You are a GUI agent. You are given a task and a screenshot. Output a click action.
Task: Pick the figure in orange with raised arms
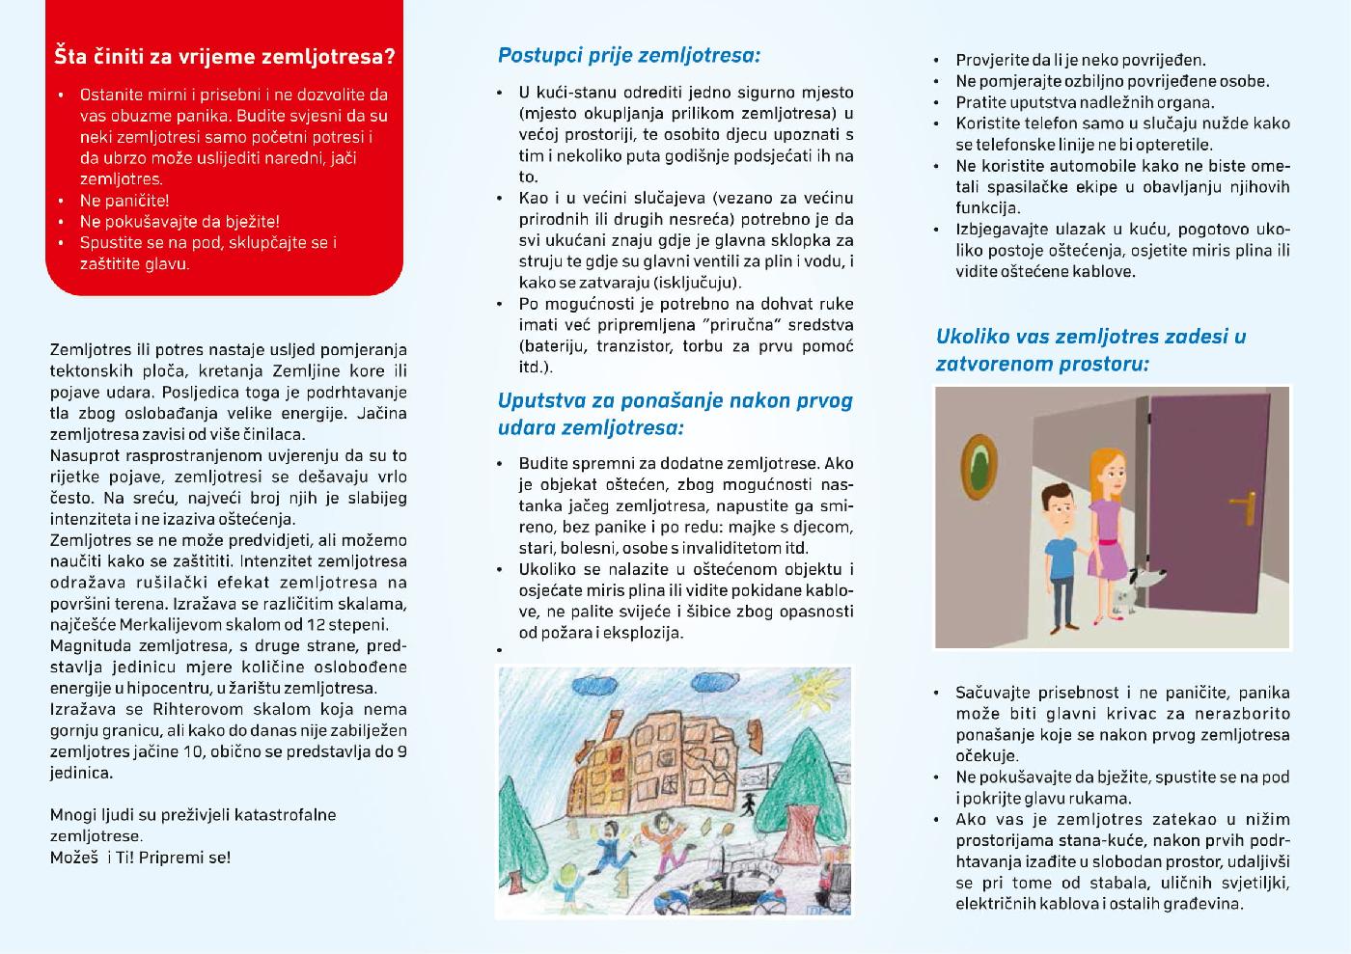(x=608, y=833)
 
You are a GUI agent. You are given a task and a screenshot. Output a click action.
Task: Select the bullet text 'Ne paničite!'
(x=124, y=201)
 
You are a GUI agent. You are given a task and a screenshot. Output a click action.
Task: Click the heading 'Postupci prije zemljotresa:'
(x=629, y=55)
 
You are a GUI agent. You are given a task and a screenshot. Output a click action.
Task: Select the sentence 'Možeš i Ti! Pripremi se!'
(x=141, y=857)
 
